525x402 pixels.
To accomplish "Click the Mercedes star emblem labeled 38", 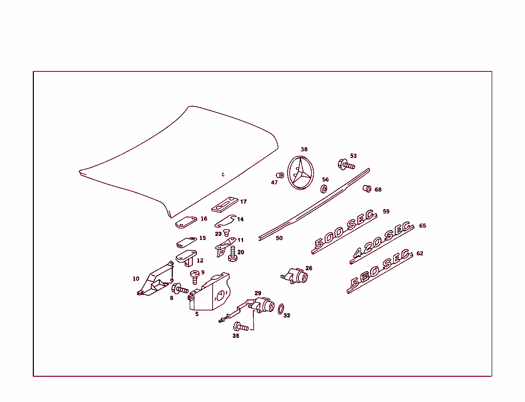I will point(301,172).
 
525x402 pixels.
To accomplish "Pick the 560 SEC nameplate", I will point(379,271).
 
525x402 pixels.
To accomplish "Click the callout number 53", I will point(353,156).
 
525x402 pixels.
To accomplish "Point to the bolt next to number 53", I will point(346,165).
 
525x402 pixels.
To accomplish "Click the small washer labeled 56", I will point(324,189).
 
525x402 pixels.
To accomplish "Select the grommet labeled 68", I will point(367,189).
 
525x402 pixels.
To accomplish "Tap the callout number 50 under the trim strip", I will point(279,238).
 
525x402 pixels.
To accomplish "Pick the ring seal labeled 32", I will point(281,309).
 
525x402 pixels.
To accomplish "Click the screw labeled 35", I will point(241,327).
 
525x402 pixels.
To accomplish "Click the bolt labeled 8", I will point(180,289).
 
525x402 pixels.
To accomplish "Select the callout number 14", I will point(240,219).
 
